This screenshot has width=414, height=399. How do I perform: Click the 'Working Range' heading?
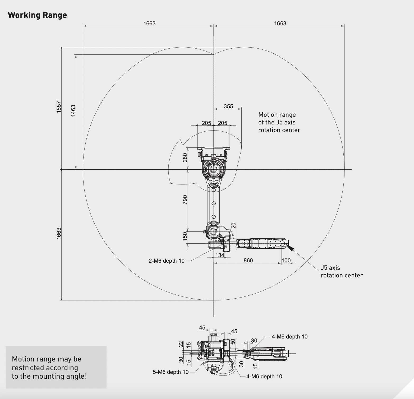coord(37,15)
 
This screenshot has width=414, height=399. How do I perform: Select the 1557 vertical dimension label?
coord(59,107)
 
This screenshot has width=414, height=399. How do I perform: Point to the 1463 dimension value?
coord(73,110)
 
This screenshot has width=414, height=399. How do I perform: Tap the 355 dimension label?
coord(228,106)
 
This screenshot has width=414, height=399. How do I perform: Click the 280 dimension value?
coord(185,157)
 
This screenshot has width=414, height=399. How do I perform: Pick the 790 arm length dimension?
coord(185,199)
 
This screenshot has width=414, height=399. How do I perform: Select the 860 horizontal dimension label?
coord(248,261)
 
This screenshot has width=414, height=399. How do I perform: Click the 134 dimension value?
coord(220,255)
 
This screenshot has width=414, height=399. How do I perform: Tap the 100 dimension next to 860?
coord(286,261)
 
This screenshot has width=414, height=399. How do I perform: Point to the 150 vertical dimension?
coord(185,235)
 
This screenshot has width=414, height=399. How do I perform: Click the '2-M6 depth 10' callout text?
coord(167,261)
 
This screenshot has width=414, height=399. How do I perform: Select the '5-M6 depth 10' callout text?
coord(171,372)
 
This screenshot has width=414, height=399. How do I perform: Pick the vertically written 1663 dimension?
coord(59,234)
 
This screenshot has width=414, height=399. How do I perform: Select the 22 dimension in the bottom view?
coord(181,344)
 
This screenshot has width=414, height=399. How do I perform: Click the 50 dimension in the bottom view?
coord(233,342)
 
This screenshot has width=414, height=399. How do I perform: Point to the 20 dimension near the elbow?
coord(233,225)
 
